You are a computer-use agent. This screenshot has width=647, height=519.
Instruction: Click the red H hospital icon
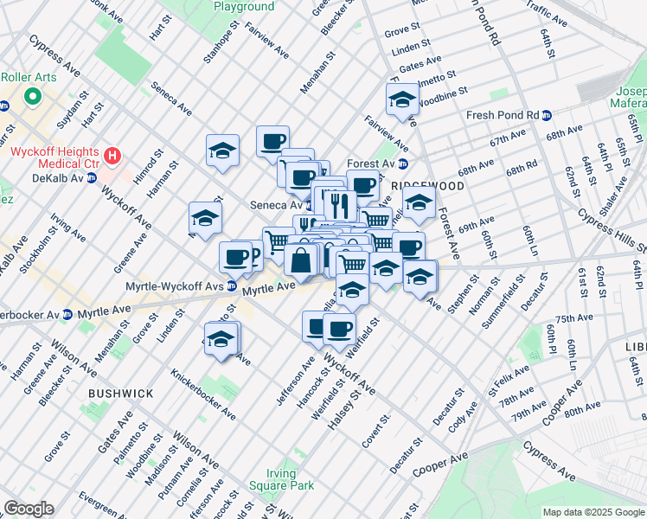(112, 156)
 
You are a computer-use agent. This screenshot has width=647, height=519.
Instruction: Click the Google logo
(29, 509)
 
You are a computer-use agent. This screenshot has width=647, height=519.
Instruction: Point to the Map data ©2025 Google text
(593, 512)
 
